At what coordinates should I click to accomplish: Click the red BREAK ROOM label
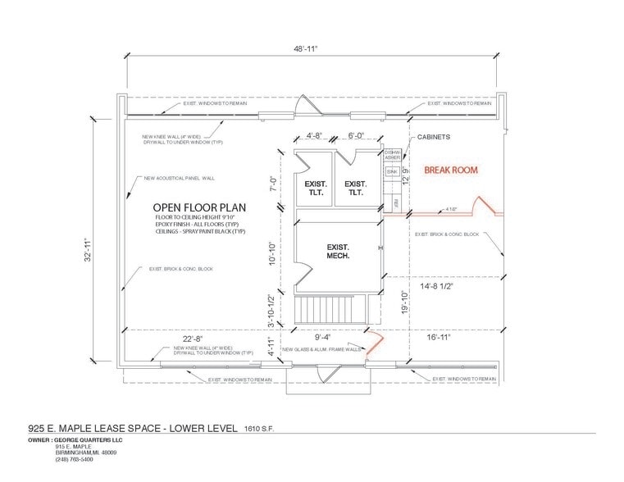coord(450,170)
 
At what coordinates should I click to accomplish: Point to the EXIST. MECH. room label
coord(338,251)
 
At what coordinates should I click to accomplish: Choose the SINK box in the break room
coord(392,171)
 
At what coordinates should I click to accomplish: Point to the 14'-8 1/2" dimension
coord(436,287)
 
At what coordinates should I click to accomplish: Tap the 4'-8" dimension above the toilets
coord(314,136)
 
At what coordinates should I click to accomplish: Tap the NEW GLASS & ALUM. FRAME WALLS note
coord(321,350)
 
